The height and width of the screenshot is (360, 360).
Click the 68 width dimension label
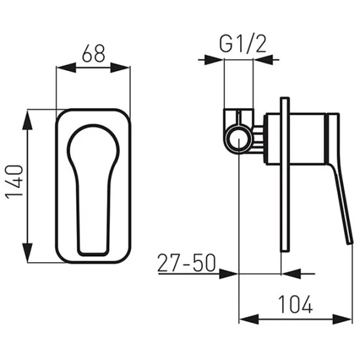point(94,53)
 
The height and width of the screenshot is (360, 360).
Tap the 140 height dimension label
point(14,182)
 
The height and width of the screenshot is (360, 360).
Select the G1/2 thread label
point(242,44)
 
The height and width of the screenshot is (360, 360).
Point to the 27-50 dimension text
point(187,263)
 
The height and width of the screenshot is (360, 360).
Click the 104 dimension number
point(295,304)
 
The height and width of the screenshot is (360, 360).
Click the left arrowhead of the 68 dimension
point(66,67)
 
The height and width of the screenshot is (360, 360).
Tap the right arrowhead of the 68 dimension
point(121,67)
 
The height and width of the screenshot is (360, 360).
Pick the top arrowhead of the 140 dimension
point(28,120)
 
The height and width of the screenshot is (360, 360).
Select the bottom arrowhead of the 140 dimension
point(28,253)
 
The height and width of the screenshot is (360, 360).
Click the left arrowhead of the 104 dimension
point(249,319)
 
